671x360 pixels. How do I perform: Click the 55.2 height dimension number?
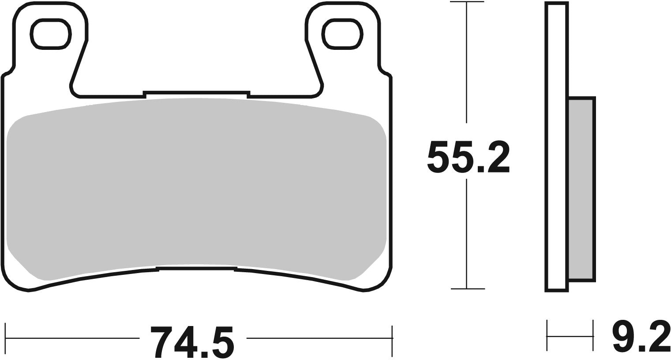pyautogui.click(x=468, y=157)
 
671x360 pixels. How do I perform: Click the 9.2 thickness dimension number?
pyautogui.click(x=641, y=338)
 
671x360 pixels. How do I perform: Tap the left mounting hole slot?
pyautogui.click(x=50, y=34)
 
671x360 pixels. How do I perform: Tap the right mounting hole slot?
pyautogui.click(x=343, y=34)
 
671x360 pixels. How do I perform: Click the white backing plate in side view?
pyautogui.click(x=557, y=146)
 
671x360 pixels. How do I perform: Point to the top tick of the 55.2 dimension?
pyautogui.click(x=467, y=3)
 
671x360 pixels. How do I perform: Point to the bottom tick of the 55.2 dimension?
pyautogui.click(x=467, y=289)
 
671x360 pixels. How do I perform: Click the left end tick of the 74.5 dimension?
pyautogui.click(x=5, y=338)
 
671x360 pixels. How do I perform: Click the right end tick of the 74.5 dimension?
pyautogui.click(x=392, y=338)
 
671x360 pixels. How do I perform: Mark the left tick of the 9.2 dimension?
pyautogui.click(x=547, y=336)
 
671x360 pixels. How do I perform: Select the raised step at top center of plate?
pyautogui.click(x=197, y=92)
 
